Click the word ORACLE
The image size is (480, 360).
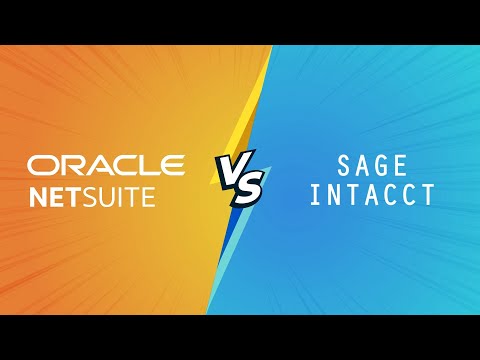106,165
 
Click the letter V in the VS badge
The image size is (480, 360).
233,165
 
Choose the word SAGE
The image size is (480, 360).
372,166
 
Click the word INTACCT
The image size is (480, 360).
372,194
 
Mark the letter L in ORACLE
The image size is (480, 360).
146,165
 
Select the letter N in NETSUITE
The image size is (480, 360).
38,197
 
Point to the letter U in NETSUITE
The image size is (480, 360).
108,197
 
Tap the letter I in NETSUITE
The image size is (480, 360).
123,197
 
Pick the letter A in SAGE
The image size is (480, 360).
362,166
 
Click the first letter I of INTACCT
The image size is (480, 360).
316,194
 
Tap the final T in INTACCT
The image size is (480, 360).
428,194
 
